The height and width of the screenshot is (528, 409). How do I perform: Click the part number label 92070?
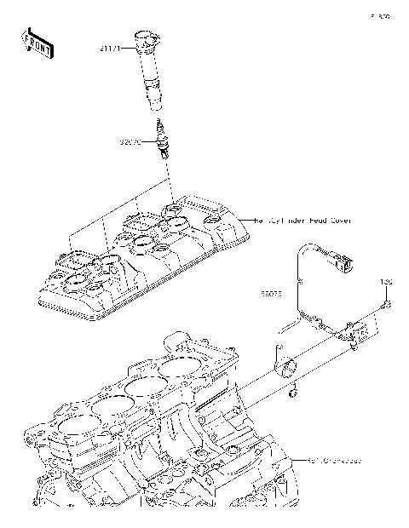coord(130,141)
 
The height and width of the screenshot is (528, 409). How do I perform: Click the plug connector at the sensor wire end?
coord(344,256)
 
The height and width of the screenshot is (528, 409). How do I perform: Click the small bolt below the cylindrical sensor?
coord(292,393)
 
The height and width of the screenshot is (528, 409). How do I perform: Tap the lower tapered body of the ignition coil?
coord(156,94)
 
